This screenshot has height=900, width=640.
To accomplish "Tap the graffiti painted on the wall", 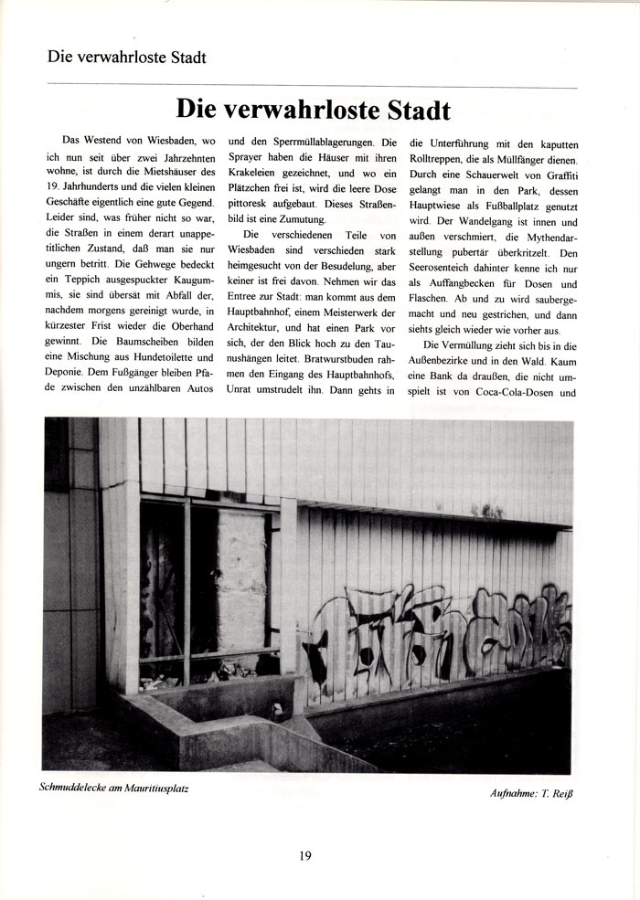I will pos(439,630).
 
